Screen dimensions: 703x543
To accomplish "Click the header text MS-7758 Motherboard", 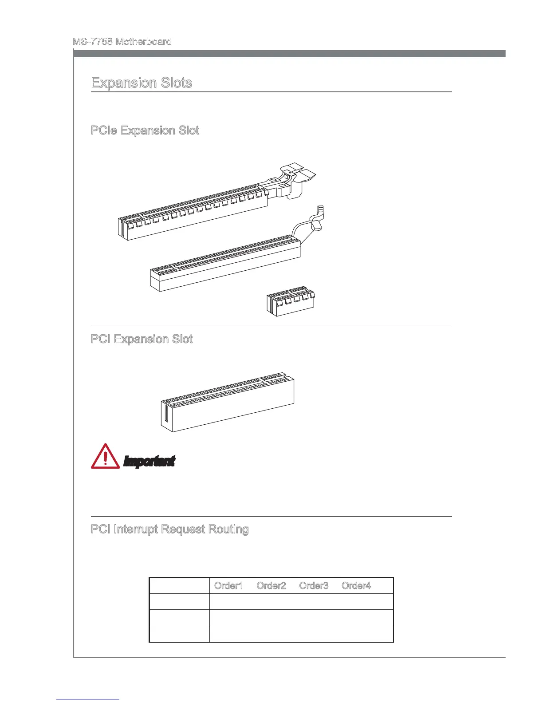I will pos(122,42).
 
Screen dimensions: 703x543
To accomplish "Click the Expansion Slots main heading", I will pos(142,83).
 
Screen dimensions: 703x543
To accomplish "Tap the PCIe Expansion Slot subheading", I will pos(145,130).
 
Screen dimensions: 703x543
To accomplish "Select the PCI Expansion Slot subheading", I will pos(142,339).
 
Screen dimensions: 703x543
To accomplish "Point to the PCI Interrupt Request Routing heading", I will pos(169,529).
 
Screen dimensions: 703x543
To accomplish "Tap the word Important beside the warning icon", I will pos(149,462).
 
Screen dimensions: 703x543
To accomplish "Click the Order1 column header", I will pos(228,585).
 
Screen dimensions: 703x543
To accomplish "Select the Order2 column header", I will pos(271,585).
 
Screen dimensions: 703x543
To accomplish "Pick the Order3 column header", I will pos(314,585).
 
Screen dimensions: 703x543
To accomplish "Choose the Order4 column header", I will pos(356,585).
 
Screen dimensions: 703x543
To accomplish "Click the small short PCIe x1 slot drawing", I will pos(291,301).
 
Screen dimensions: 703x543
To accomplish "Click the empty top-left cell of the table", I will pos(179,585).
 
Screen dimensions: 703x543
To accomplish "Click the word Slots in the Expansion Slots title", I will pos(174,83).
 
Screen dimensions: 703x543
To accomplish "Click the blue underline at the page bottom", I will pos(88,699).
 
